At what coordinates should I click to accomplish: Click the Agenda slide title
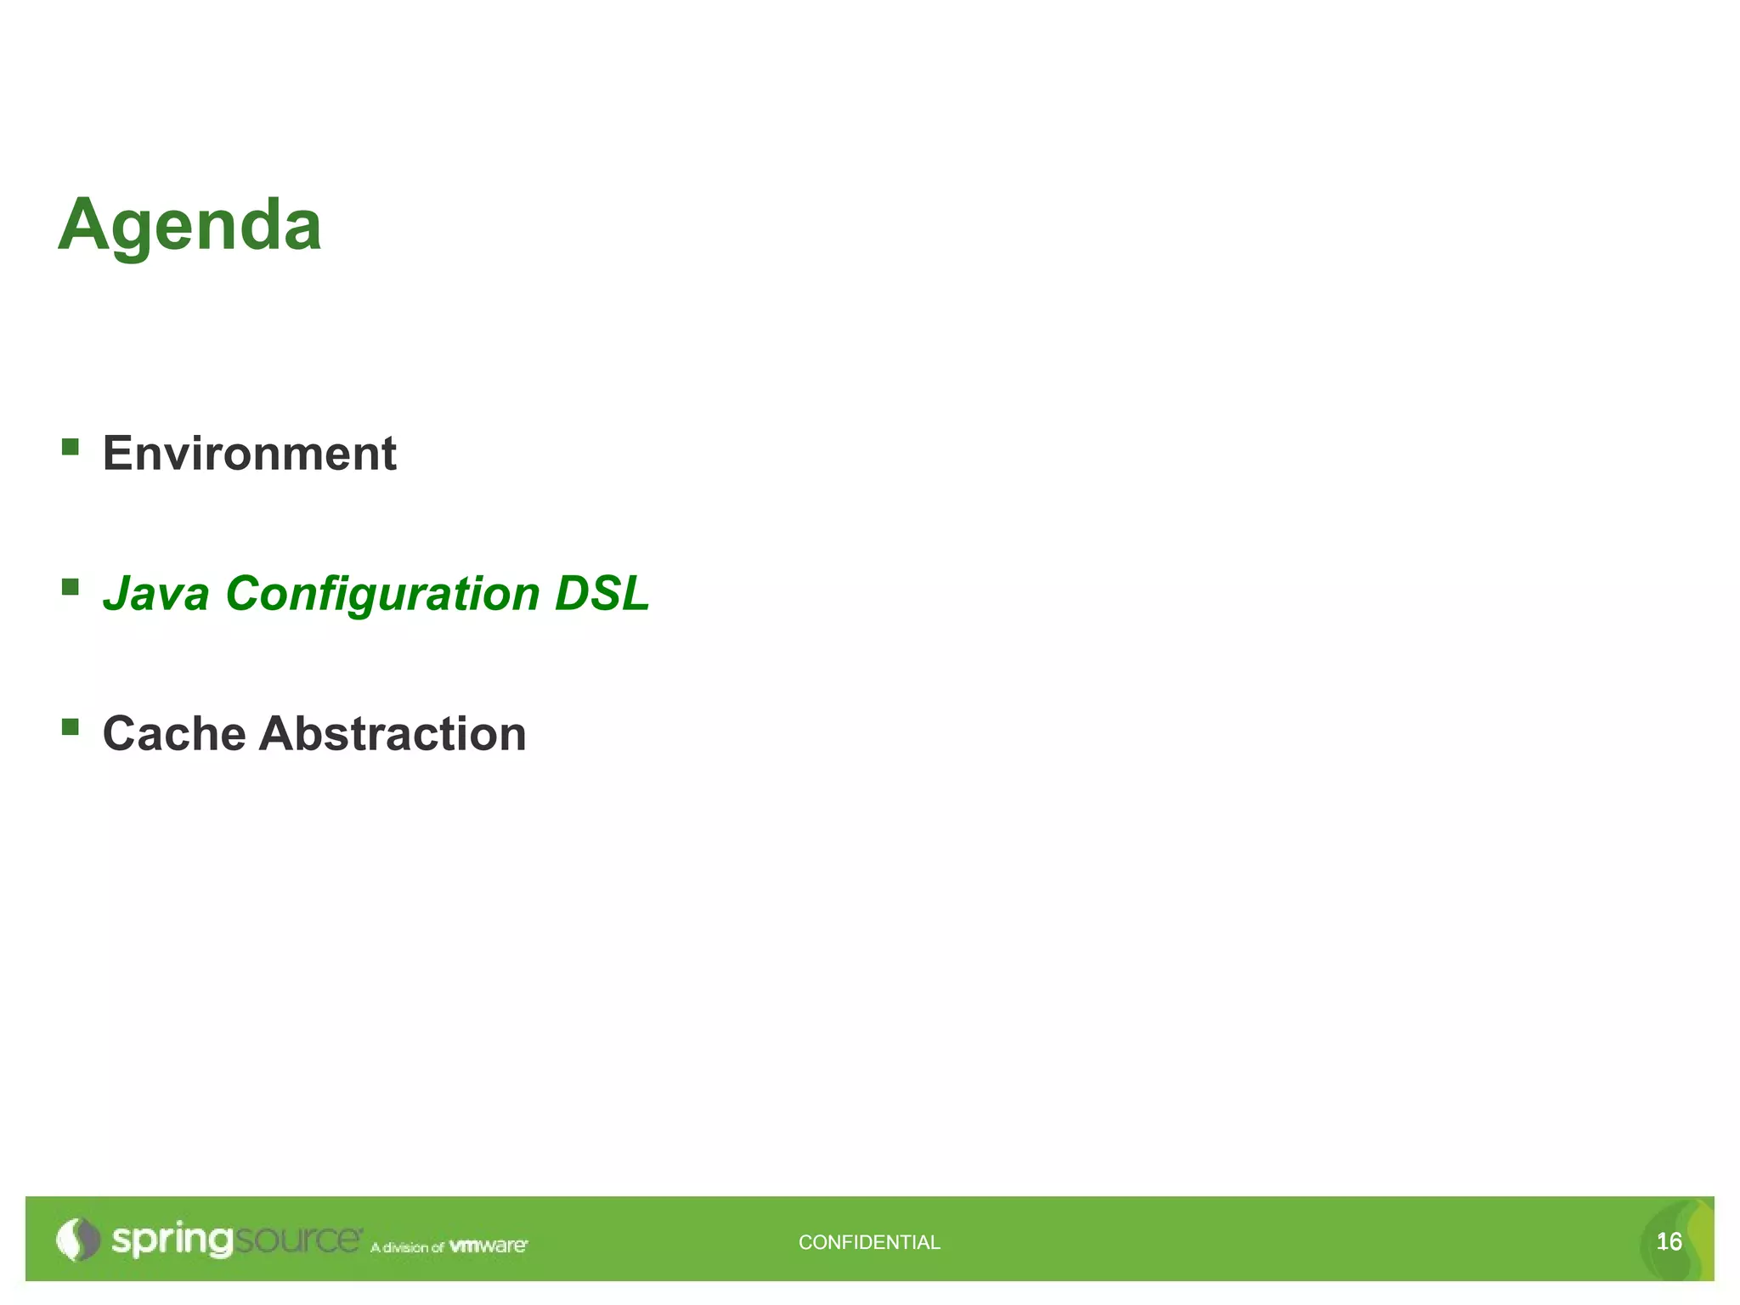pyautogui.click(x=189, y=225)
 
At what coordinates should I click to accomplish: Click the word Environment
pyautogui.click(x=249, y=453)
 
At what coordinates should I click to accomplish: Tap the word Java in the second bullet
pyautogui.click(x=156, y=593)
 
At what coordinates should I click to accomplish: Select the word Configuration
pyautogui.click(x=382, y=595)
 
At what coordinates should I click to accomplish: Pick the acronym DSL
pyautogui.click(x=602, y=593)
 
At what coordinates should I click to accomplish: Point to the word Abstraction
pyautogui.click(x=393, y=733)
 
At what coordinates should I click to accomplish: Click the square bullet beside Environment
pyautogui.click(x=71, y=446)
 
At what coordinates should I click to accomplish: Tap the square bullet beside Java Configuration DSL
pyautogui.click(x=71, y=586)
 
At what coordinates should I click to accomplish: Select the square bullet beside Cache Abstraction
pyautogui.click(x=71, y=726)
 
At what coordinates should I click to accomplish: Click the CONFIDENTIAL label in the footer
pyautogui.click(x=869, y=1242)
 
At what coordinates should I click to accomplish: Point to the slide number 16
pyautogui.click(x=1669, y=1242)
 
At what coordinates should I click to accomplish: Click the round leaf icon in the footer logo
pyautogui.click(x=78, y=1240)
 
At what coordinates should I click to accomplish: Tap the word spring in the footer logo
pyautogui.click(x=172, y=1240)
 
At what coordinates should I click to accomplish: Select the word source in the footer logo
pyautogui.click(x=297, y=1240)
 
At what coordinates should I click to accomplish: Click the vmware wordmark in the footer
pyautogui.click(x=488, y=1246)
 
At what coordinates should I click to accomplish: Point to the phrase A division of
pyautogui.click(x=407, y=1247)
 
